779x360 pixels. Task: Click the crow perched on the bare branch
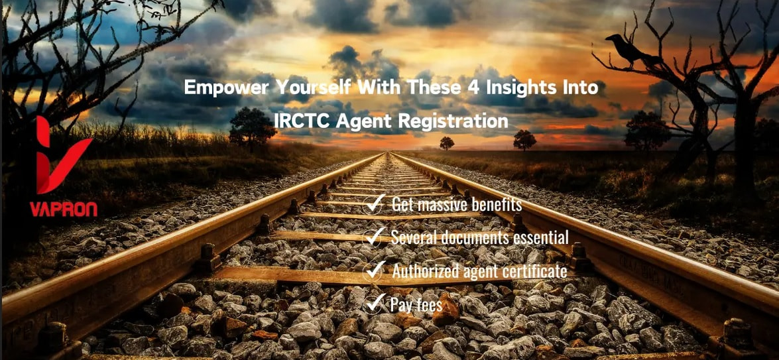point(627,48)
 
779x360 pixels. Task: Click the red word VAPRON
point(63,209)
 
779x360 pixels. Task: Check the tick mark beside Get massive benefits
point(374,204)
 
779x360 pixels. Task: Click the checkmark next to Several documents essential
point(374,237)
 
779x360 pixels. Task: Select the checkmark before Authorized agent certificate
point(374,270)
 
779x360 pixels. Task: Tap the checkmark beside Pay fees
point(374,303)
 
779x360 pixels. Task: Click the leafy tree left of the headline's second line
point(253,126)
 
